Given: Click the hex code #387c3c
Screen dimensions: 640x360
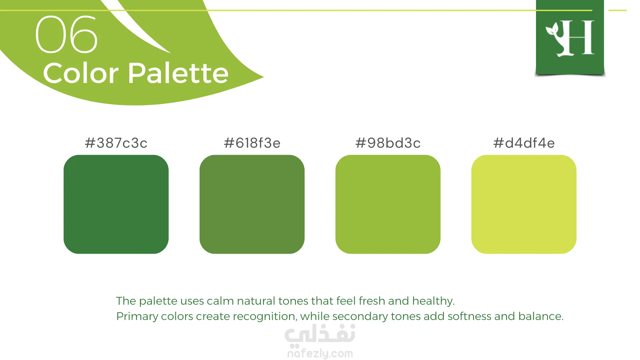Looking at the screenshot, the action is (116, 143).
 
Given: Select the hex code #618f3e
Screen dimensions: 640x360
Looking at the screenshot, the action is (252, 143).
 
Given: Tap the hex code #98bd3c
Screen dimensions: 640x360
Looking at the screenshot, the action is (388, 143).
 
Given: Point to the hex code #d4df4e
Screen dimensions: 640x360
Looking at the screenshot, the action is (524, 143).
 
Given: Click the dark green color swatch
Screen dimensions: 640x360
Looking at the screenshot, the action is (116, 204).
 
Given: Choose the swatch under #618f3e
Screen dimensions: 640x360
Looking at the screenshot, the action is (252, 204).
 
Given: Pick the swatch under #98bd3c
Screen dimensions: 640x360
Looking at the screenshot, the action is (388, 204).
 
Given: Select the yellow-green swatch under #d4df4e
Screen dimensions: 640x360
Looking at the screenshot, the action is (524, 204).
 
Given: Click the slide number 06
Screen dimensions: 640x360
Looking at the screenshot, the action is (66, 35).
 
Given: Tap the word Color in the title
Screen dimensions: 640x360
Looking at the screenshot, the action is (81, 73).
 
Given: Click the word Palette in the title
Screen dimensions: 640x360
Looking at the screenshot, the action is (178, 73).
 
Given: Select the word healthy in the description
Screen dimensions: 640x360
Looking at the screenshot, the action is (433, 301).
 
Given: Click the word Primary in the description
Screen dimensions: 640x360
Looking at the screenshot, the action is (137, 316).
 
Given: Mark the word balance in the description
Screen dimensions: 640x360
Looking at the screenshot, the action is (541, 316).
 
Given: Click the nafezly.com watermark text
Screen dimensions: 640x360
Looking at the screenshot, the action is (320, 353).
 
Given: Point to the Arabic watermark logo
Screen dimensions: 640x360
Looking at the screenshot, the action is (320, 334).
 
